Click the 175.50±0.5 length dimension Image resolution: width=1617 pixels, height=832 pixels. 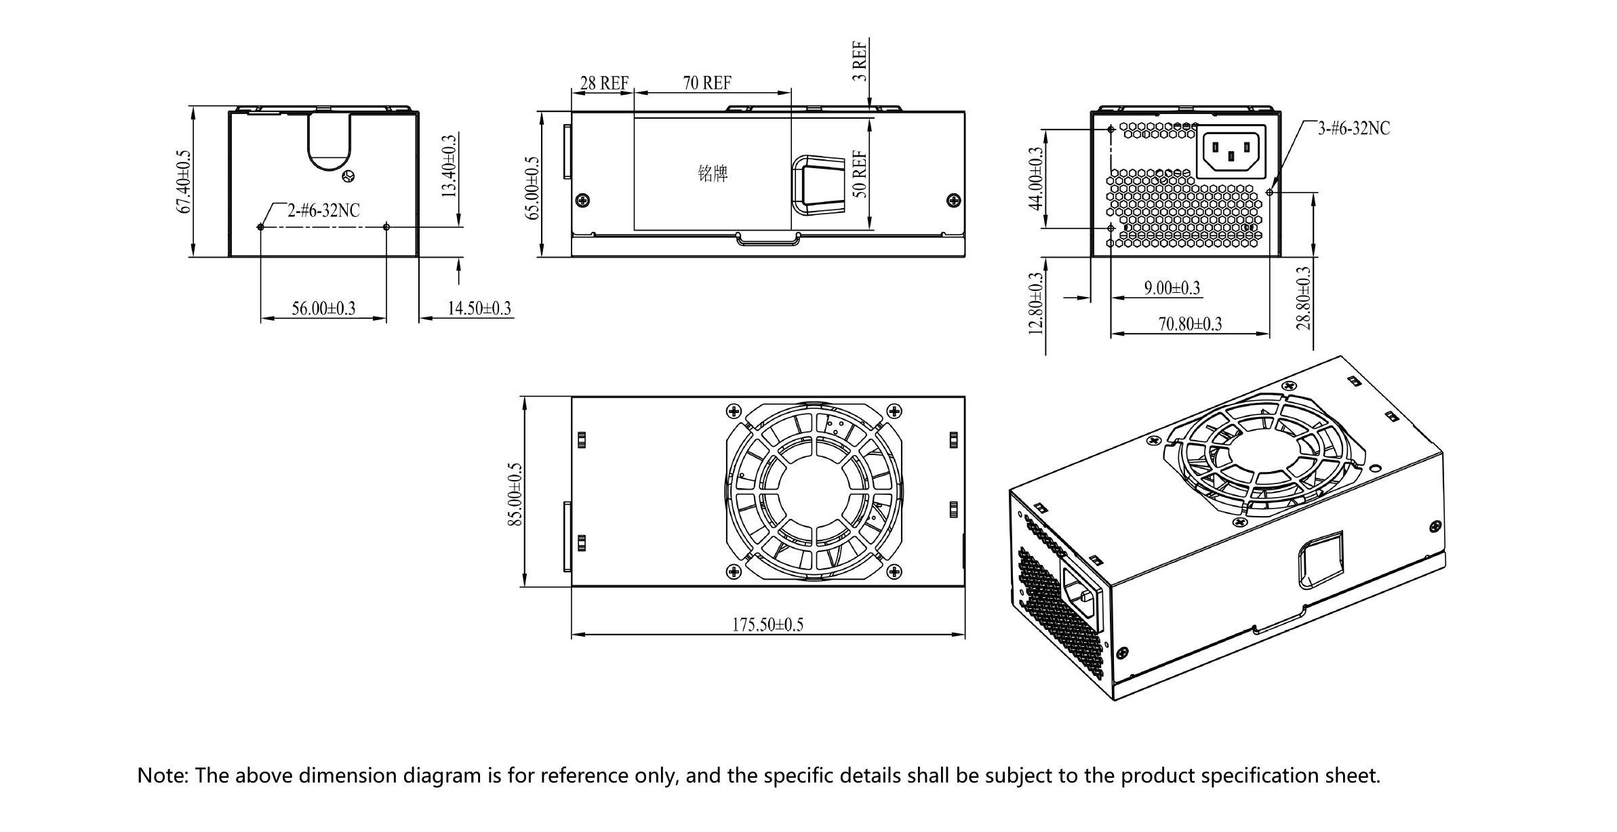click(767, 625)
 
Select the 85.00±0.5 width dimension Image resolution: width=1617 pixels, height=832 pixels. click(516, 494)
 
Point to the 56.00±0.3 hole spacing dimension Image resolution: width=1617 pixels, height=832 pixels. click(323, 309)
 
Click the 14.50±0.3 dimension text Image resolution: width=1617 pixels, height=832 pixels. click(479, 309)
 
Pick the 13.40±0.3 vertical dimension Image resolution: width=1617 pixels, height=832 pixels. click(449, 166)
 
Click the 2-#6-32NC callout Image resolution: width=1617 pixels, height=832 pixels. click(323, 211)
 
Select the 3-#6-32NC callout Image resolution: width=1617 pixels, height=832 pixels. click(1353, 129)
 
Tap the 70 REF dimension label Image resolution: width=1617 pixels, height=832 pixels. click(707, 83)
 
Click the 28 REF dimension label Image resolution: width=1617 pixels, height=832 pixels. click(604, 83)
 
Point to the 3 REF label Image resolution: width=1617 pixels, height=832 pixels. click(860, 61)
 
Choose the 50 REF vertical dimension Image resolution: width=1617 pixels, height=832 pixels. click(860, 174)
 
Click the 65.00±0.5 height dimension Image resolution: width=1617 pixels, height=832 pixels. click(534, 188)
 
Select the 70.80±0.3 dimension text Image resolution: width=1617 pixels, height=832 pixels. click(1190, 324)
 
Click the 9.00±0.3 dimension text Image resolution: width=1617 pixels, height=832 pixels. click(1172, 288)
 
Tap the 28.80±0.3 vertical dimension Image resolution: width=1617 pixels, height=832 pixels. click(1304, 298)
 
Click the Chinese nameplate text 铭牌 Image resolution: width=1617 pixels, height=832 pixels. click(713, 174)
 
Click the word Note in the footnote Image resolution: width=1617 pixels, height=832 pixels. click(162, 776)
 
